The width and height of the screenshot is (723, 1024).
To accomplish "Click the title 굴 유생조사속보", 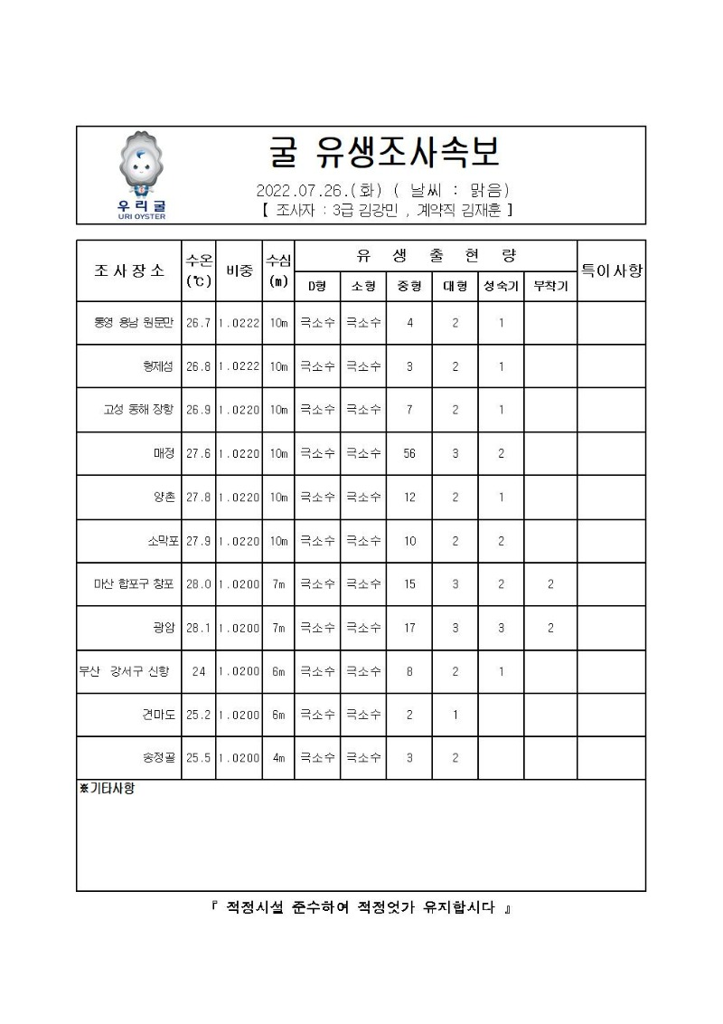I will [385, 153].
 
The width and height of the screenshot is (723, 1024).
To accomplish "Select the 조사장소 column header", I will [128, 270].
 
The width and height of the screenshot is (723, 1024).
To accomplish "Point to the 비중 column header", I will [239, 270].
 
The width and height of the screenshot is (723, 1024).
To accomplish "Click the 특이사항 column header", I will [611, 270].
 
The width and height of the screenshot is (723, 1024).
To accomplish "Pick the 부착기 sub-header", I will [549, 286].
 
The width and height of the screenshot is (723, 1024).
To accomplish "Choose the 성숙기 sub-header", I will [501, 286].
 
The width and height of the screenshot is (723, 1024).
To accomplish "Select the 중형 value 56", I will [409, 453].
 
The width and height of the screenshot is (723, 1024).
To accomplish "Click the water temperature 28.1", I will [199, 628].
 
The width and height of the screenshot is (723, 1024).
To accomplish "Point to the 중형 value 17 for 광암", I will [409, 628].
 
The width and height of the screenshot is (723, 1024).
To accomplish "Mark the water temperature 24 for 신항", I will [199, 671].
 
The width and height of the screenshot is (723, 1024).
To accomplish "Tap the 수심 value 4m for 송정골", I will [278, 758].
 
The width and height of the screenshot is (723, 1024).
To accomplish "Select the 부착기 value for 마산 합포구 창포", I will [549, 584].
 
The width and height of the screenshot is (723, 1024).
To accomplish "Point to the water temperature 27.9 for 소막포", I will [199, 541].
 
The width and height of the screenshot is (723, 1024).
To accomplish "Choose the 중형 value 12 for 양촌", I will [409, 498].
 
